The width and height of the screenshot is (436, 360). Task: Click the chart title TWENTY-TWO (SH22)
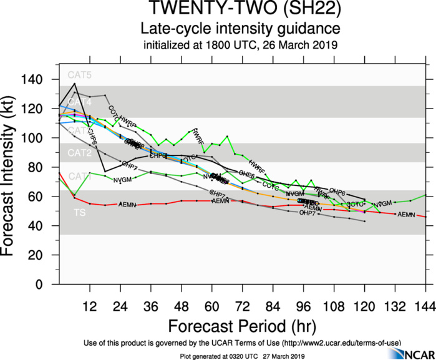240,10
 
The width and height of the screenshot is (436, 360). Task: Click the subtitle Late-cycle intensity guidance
240,29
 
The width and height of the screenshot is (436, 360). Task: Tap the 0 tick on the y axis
49,284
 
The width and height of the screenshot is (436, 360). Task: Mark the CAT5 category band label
79,75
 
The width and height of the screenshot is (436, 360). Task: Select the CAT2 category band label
79,153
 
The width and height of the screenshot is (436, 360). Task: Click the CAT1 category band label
79,177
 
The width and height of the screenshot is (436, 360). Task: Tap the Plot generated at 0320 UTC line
240,356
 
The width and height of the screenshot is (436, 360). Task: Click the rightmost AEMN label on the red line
406,215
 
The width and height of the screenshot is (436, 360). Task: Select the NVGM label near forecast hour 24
122,180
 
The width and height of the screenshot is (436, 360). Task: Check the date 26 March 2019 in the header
306,44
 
